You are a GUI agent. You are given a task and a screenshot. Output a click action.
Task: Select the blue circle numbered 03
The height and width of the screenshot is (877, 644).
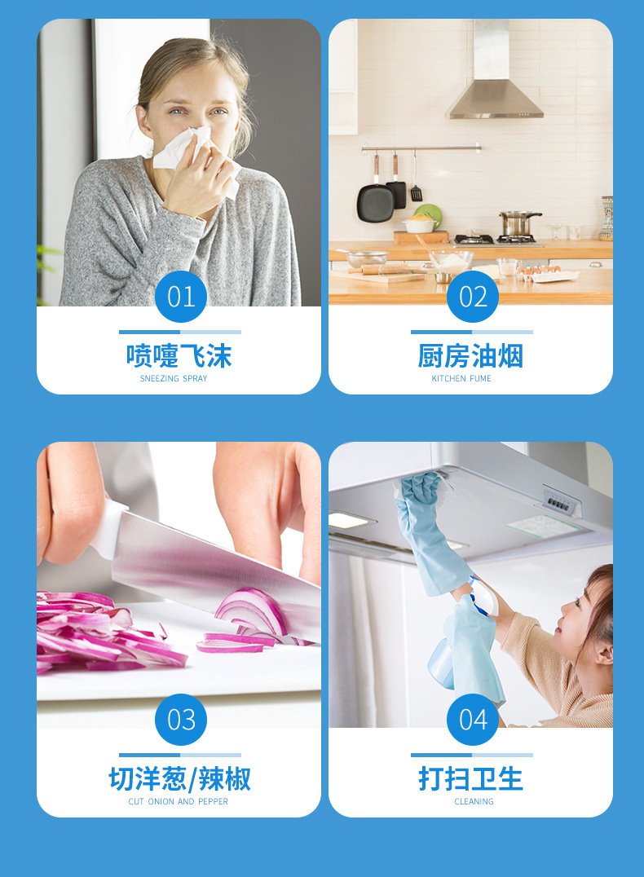click(x=180, y=720)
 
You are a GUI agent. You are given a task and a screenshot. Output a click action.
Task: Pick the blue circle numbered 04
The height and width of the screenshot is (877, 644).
click(x=472, y=720)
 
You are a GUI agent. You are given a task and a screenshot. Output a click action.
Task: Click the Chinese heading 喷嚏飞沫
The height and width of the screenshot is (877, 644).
click(x=179, y=356)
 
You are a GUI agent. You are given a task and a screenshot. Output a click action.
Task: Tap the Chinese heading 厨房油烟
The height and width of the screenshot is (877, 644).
click(x=470, y=356)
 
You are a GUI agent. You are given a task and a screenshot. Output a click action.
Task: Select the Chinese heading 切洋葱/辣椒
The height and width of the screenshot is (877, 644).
click(x=179, y=779)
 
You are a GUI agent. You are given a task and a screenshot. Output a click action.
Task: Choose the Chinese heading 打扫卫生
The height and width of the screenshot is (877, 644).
click(x=470, y=779)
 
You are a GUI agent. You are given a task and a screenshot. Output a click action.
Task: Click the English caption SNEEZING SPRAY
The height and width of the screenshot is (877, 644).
click(x=174, y=379)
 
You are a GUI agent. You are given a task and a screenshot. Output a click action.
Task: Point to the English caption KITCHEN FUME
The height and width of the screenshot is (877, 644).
click(x=461, y=379)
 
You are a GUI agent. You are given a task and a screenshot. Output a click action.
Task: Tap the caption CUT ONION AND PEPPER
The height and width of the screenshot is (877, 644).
click(x=179, y=802)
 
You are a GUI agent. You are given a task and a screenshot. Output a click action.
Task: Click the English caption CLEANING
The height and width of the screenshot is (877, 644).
click(x=474, y=802)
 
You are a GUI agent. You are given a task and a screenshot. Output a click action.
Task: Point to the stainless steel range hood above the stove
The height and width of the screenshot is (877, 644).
click(x=494, y=90)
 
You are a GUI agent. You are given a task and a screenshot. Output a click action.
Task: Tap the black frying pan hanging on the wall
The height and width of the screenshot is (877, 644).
click(x=375, y=201)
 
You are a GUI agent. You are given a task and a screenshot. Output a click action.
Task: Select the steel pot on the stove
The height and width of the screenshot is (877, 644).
click(x=518, y=223)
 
